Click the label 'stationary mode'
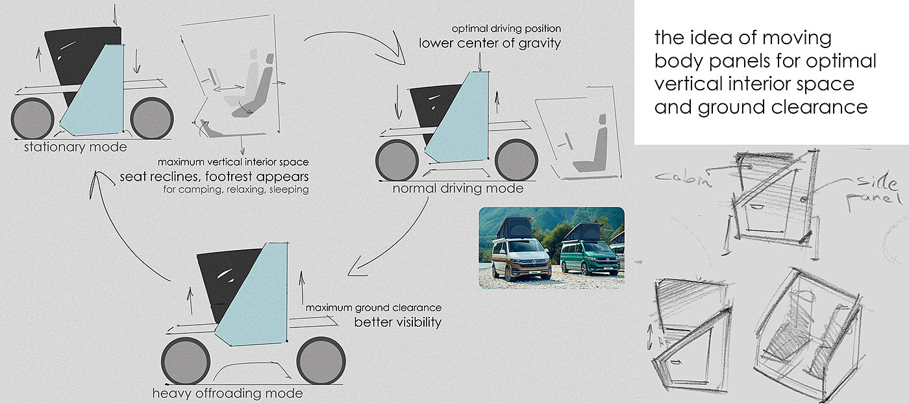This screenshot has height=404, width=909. pos(75,147)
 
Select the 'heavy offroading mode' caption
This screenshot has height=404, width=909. pos(227,394)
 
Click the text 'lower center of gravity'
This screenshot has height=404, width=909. pos(490,44)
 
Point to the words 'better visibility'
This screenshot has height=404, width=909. pos(397,322)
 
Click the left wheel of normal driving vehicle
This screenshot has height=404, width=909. pos(397,160)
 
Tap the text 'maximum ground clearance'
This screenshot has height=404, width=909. pos(373,307)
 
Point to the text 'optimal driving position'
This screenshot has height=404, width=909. pos(506,29)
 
